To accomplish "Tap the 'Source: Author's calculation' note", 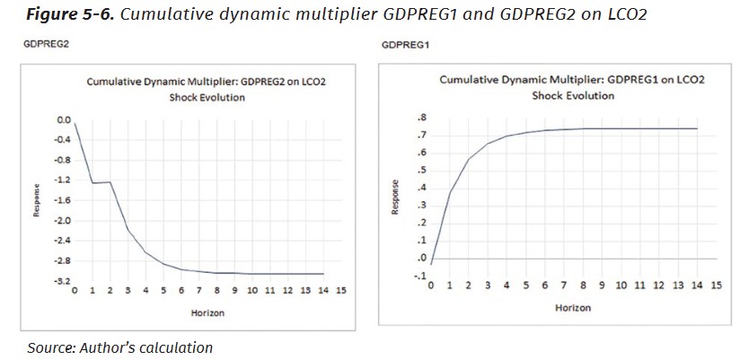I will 119,347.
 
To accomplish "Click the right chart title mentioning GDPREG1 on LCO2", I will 572,80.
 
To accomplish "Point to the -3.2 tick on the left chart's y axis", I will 63,281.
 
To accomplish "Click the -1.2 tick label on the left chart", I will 63,180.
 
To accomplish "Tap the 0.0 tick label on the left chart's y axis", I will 64,119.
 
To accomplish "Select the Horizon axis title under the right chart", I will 572,307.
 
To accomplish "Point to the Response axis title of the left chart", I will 37,200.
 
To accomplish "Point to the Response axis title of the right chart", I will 394,198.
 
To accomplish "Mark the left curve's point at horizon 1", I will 92,183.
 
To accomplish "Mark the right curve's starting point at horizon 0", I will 432,265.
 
